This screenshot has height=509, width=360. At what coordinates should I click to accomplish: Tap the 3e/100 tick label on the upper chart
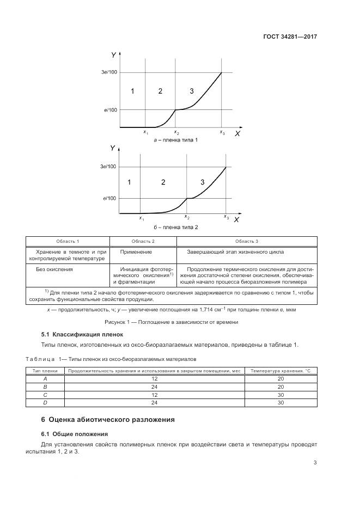pos(109,72)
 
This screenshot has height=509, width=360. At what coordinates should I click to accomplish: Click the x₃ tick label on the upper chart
pos(222,132)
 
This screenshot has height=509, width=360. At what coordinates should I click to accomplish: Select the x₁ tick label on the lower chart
pos(141,218)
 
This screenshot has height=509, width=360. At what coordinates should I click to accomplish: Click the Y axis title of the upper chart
pos(113,54)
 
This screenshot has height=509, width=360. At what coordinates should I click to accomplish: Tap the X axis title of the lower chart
pos(236,220)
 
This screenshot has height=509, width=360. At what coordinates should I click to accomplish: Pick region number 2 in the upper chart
pos(160,91)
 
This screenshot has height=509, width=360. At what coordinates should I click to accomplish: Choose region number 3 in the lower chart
pos(202,182)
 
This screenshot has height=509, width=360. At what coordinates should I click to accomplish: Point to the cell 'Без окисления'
pos(54,269)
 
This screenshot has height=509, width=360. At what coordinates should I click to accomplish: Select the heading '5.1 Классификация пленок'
pos(82,334)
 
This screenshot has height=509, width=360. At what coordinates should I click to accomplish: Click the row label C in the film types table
pos(45,395)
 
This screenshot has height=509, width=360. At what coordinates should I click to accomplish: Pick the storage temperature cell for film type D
pos(280,403)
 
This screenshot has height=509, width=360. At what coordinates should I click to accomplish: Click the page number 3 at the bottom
pos(315,463)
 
